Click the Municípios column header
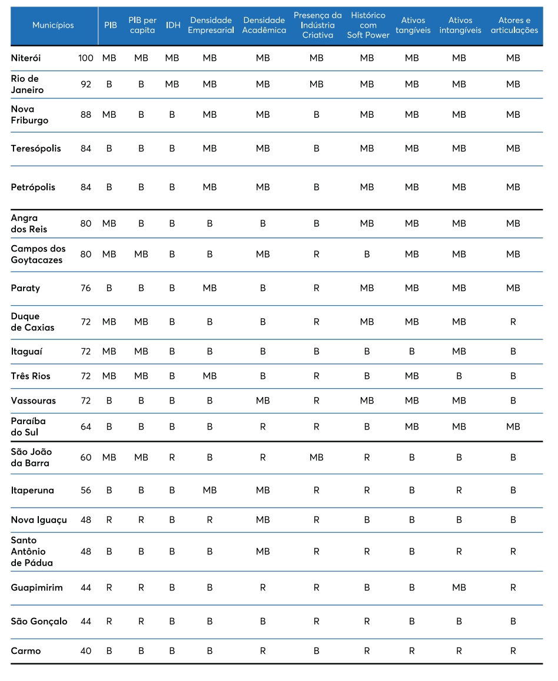click(x=53, y=25)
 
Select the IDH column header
click(x=173, y=25)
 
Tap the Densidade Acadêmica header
click(x=264, y=25)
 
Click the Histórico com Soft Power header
click(x=368, y=25)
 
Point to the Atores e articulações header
click(x=514, y=25)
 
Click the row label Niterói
click(x=26, y=58)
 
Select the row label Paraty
click(x=25, y=288)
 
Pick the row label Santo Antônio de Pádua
click(x=32, y=551)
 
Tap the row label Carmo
click(x=26, y=651)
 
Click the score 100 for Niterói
click(x=85, y=58)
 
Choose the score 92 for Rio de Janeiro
click(x=86, y=84)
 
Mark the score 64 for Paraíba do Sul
click(x=86, y=427)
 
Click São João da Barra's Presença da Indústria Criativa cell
click(x=317, y=457)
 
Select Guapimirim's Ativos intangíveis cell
click(x=459, y=587)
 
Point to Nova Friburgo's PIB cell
click(x=109, y=115)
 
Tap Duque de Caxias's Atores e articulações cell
click(x=513, y=322)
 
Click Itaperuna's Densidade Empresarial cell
click(x=210, y=490)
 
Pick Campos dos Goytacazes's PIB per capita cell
click(x=141, y=254)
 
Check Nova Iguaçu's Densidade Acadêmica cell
click(x=263, y=520)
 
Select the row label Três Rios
click(x=31, y=376)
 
